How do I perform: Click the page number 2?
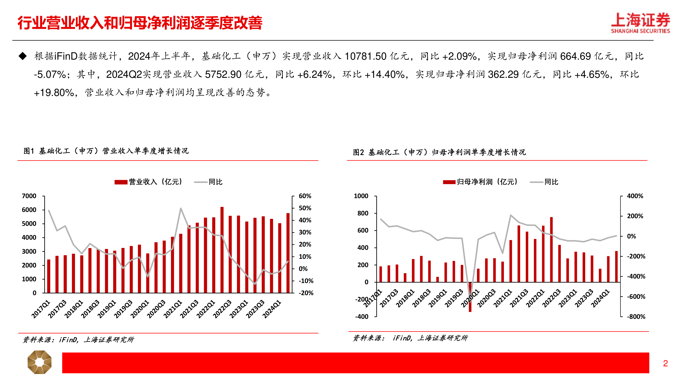[x=665, y=363]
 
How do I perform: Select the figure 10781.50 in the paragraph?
[x=365, y=56]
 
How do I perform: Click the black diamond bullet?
[x=23, y=56]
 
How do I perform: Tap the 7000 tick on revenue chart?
[x=29, y=196]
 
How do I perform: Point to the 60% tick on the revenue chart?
[x=305, y=196]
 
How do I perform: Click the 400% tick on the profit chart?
[x=635, y=196]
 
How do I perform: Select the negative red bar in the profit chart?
[x=470, y=297]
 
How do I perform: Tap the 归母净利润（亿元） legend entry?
[x=481, y=182]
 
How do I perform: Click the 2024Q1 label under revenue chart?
[x=272, y=309]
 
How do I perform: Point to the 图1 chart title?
[x=106, y=151]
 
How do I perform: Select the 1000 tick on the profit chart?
[x=361, y=196]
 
